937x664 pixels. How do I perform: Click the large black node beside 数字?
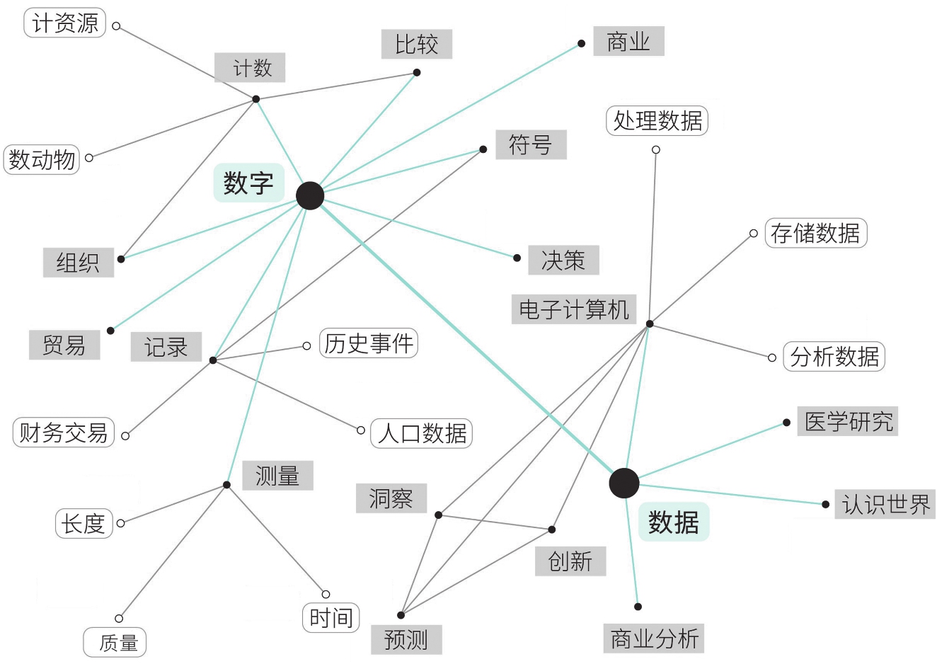(310, 196)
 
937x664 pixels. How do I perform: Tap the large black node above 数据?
(623, 483)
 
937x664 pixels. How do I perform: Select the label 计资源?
(65, 23)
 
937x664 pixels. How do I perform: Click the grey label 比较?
(416, 45)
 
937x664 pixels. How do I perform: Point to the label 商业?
(628, 42)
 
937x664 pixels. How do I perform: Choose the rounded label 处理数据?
(657, 121)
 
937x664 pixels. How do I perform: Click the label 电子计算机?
(573, 309)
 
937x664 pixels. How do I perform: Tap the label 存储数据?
(815, 233)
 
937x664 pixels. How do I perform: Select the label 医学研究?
(848, 421)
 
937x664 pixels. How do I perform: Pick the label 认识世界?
(885, 504)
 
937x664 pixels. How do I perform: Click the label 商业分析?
(654, 639)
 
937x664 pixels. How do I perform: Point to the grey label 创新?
(570, 561)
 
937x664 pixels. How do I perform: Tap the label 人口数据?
(422, 433)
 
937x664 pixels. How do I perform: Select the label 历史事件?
(369, 343)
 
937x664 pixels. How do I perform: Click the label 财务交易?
(64, 432)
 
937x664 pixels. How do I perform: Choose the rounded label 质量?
(115, 642)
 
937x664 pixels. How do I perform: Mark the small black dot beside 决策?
(517, 258)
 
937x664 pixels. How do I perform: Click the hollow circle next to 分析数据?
(772, 357)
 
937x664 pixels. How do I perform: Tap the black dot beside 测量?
(226, 485)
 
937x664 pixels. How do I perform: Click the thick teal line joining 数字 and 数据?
(467, 340)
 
